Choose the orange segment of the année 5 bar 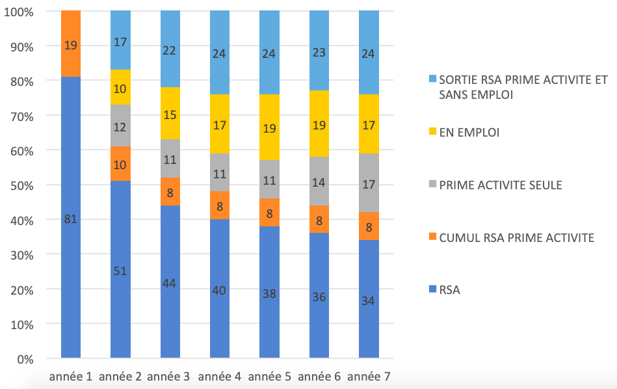point(269,212)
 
